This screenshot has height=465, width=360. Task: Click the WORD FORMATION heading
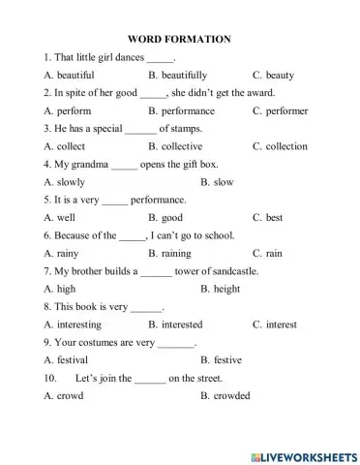(179, 40)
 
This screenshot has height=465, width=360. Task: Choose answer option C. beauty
(273, 75)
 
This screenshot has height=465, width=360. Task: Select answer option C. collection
(280, 146)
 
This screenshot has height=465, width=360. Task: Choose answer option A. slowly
(65, 181)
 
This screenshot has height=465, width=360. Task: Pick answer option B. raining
(173, 253)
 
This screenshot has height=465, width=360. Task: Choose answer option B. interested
(180, 324)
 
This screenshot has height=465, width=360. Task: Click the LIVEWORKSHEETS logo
(302, 454)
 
